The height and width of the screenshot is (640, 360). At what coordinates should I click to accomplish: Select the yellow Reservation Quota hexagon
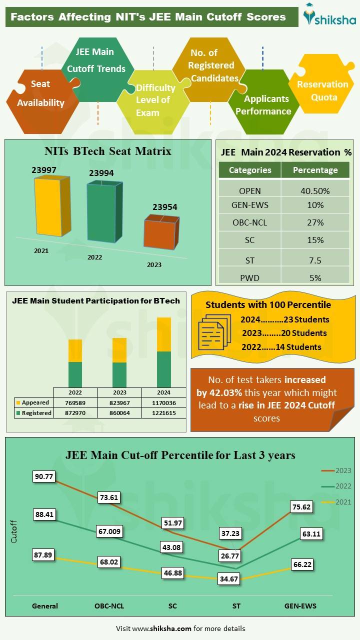pos(322,90)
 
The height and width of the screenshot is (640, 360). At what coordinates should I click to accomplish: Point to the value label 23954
pos(165,207)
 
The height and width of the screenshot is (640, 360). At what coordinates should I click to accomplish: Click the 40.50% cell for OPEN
pos(315,191)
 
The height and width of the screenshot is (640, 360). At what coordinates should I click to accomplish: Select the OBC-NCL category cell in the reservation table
pos(249,222)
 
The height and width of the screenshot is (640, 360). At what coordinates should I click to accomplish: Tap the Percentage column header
pos(315,170)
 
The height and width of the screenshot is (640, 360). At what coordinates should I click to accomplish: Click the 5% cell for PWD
pos(315,278)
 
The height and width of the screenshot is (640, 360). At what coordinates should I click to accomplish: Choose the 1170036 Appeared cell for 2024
pos(163,403)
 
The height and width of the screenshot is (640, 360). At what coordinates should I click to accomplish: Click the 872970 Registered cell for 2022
pos(75,413)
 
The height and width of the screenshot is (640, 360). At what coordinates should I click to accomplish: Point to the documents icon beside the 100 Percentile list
pos(214,332)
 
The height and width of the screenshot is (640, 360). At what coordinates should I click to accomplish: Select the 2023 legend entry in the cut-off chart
pos(336,470)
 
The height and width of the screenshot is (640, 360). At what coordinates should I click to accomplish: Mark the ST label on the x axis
pos(236,606)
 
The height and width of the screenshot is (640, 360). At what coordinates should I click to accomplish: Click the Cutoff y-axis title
pos(14,532)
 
